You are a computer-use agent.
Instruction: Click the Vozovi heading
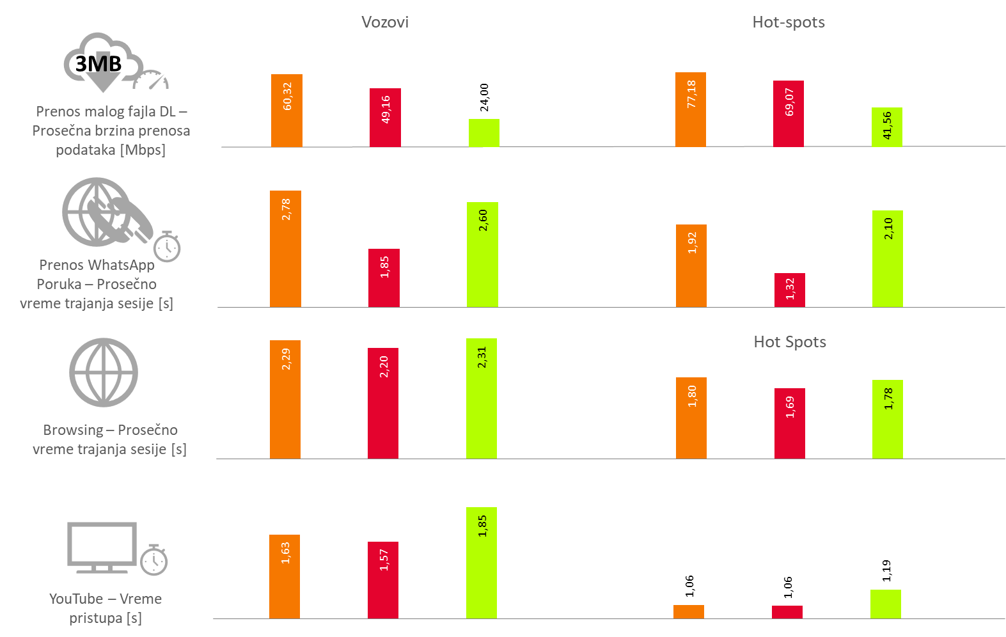384,22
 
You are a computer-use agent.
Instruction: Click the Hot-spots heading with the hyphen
788,22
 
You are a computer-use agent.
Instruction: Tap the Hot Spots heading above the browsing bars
789,342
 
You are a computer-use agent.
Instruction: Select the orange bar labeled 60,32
287,111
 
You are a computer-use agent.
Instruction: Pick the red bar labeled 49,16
385,118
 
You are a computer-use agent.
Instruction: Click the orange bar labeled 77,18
691,109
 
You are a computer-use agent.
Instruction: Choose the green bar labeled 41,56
886,127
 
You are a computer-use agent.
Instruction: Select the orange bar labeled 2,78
285,249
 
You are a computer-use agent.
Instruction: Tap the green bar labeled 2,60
482,255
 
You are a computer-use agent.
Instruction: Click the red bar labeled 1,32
789,290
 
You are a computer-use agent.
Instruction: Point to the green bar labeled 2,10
887,258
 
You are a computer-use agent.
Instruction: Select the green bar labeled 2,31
481,398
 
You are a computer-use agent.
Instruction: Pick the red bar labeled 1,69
789,423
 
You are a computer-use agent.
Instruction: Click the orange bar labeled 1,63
285,576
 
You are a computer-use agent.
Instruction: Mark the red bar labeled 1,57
383,580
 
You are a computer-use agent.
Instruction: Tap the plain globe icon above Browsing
104,372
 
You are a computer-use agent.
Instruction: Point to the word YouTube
76,599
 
